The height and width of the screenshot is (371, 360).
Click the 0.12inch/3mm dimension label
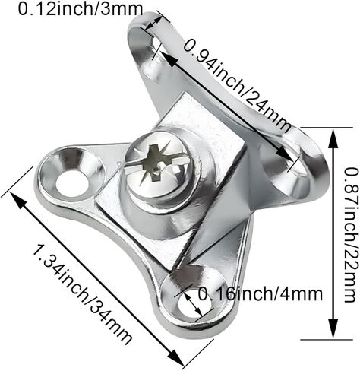(81, 9)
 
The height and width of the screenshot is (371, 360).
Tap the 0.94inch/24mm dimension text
(237, 87)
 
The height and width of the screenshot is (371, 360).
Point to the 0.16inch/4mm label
(261, 294)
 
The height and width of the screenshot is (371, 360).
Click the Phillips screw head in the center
(159, 166)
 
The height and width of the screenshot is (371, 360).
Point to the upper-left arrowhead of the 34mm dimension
(18, 200)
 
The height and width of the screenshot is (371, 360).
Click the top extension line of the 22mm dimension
(327, 128)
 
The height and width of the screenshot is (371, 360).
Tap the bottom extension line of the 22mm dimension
(327, 339)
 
